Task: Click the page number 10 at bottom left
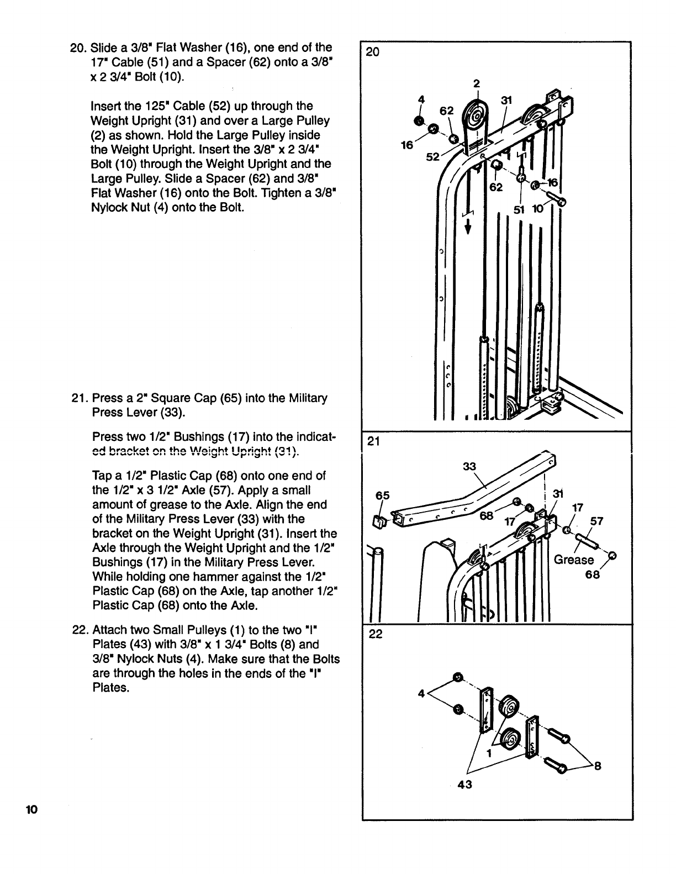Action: pos(30,810)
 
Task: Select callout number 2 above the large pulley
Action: pos(477,84)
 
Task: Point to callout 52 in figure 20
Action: pos(432,157)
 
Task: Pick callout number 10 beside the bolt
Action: pos(537,209)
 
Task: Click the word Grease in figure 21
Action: pos(574,560)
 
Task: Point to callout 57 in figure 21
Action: pos(597,521)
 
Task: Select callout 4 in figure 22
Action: pos(421,694)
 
